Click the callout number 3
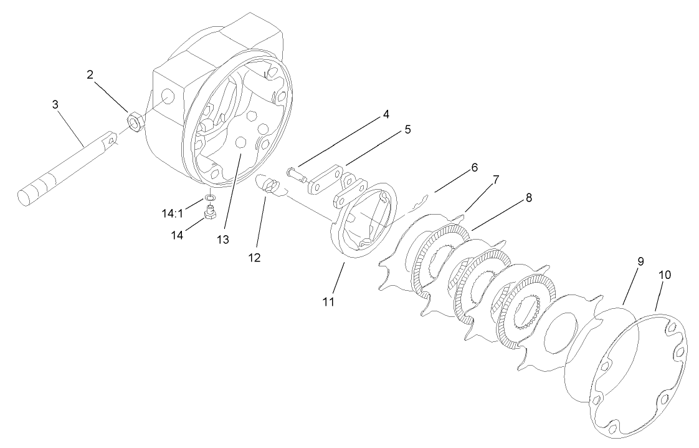point(55,102)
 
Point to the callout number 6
point(475,167)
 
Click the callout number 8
point(528,198)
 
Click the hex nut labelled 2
point(133,118)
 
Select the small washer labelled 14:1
point(211,198)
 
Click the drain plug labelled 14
point(211,215)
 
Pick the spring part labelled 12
point(269,185)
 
